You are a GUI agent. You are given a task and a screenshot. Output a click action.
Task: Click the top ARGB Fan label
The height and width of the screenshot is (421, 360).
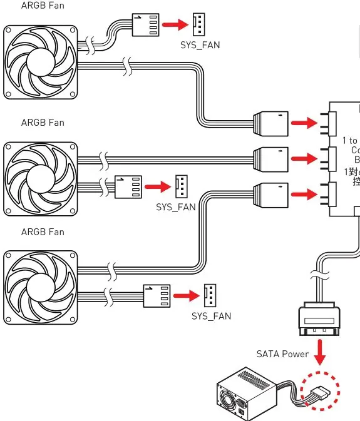pos(42,6)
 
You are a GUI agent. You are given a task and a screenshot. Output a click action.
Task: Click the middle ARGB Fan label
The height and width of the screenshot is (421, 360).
pos(42,122)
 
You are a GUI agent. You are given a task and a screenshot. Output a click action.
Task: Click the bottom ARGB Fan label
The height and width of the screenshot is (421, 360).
pos(42,231)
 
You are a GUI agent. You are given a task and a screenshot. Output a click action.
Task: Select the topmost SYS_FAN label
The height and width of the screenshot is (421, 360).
pos(200,46)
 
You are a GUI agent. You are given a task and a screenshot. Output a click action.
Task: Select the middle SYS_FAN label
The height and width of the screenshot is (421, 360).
pos(175,206)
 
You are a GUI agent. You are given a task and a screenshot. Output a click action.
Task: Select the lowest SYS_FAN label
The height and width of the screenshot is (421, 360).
pos(211,316)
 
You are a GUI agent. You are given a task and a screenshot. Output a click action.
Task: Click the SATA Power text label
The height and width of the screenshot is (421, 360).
pos(282,354)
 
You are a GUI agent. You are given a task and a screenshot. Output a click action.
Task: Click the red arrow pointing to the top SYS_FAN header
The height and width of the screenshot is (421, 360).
pos(175,26)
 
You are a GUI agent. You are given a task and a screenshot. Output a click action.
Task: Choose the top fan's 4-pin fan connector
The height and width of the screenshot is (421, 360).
pos(145,26)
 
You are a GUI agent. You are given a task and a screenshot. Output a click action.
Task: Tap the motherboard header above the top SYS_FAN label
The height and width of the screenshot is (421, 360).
pos(199,26)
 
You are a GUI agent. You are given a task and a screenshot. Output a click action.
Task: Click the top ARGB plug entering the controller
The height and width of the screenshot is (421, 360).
pos(270,123)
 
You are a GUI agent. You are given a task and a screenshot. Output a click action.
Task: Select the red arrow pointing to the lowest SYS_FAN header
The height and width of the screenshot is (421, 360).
pos(186,294)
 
